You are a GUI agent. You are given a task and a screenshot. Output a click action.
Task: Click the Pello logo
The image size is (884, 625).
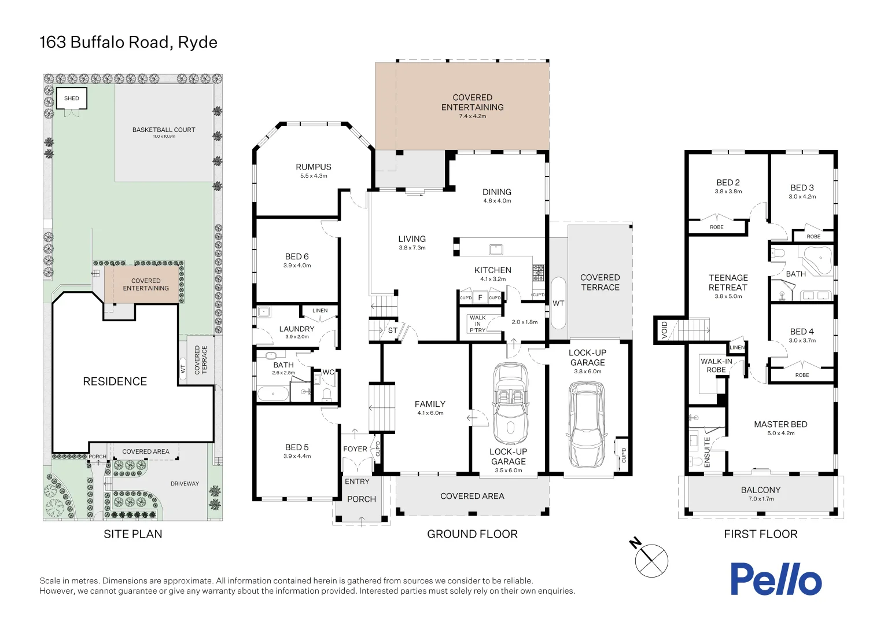(x=775, y=579)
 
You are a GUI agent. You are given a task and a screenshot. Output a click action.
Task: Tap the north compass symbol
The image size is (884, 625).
(x=651, y=560)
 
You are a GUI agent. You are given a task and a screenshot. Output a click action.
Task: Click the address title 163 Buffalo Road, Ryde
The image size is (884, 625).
(x=128, y=42)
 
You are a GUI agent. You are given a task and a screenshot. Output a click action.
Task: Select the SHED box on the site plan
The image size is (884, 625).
(x=72, y=98)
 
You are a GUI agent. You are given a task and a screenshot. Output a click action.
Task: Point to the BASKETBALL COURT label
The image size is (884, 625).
(x=164, y=130)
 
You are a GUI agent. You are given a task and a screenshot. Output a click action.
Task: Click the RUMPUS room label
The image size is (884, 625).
(x=314, y=167)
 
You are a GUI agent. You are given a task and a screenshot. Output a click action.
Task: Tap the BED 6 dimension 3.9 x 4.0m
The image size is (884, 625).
(x=297, y=266)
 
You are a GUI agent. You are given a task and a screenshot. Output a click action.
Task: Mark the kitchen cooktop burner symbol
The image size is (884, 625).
(x=539, y=273)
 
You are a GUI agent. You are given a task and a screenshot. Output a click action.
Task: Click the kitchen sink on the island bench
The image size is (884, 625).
(x=496, y=249)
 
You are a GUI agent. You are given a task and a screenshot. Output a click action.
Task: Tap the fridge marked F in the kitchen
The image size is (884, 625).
(x=480, y=297)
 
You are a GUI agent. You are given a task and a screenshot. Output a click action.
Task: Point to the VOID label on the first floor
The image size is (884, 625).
(x=664, y=330)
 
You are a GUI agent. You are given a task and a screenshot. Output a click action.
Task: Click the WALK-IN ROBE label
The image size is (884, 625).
(x=716, y=365)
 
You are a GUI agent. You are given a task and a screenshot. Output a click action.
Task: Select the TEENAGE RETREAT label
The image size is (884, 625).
(x=728, y=282)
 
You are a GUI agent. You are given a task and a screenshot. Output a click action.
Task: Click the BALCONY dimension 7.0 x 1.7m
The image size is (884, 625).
(x=761, y=499)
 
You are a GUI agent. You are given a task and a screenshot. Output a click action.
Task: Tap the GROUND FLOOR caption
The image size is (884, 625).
(x=472, y=534)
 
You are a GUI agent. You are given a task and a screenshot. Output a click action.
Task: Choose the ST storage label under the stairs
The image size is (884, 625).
(x=393, y=330)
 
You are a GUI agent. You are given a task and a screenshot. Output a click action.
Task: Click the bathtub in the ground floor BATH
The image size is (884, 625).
(x=273, y=395)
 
